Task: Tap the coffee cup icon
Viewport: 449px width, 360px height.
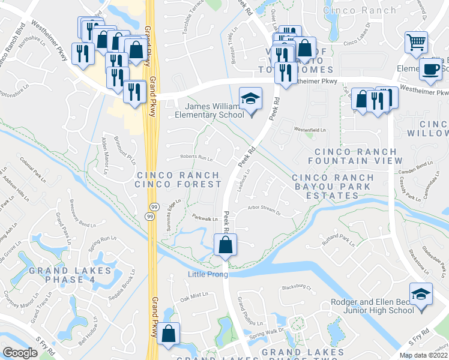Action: tap(430, 69)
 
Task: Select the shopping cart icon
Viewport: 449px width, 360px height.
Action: tap(416, 43)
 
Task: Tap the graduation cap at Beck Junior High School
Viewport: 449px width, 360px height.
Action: tap(421, 295)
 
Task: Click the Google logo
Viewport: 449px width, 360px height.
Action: tap(20, 353)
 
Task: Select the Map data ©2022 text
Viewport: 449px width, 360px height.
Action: tap(423, 355)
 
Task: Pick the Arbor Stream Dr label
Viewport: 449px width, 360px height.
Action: tap(265, 210)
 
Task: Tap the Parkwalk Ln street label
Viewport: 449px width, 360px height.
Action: tap(205, 218)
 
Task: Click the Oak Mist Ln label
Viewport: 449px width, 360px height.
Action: tap(193, 296)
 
